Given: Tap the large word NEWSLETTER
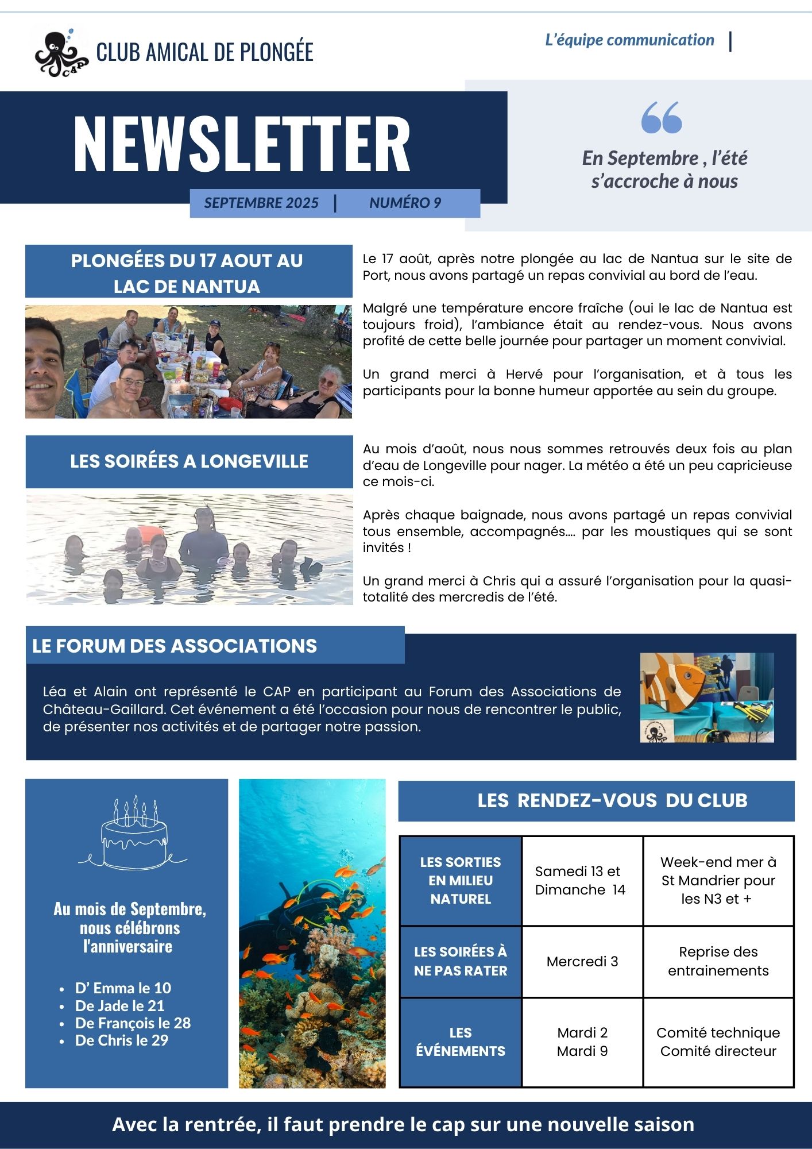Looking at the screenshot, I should pyautogui.click(x=242, y=144).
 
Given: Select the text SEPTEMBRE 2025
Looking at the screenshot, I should pyautogui.click(x=261, y=203).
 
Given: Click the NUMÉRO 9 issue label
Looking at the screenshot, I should pyautogui.click(x=405, y=203).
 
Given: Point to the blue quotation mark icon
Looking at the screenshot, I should pyautogui.click(x=662, y=118).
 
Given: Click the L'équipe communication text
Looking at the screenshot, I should pyautogui.click(x=629, y=40).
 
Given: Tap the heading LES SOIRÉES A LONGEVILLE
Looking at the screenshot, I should pyautogui.click(x=189, y=461).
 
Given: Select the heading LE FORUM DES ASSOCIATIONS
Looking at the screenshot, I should pyautogui.click(x=175, y=646).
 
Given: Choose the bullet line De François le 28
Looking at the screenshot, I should pyautogui.click(x=133, y=1023).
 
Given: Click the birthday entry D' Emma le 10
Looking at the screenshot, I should pyautogui.click(x=123, y=988).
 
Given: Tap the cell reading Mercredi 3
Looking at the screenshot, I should pyautogui.click(x=582, y=962).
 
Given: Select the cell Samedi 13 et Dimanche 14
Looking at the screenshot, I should pyautogui.click(x=580, y=881).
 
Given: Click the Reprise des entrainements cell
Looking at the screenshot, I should pyautogui.click(x=718, y=961).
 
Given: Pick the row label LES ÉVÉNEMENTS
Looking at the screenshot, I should pyautogui.click(x=461, y=1042).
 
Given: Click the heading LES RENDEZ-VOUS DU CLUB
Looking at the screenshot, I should pyautogui.click(x=612, y=801).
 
